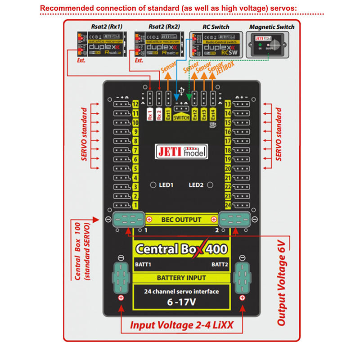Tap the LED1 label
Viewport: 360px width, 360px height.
point(166,185)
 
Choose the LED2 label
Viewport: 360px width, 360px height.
point(196,185)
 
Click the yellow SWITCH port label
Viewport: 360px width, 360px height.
point(181,117)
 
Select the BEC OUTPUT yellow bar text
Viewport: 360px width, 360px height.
point(181,220)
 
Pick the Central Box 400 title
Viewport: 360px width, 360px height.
point(181,249)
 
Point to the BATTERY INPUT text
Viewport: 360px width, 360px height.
point(181,278)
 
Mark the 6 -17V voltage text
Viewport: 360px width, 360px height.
point(181,302)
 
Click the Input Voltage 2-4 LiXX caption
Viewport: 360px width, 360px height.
point(181,325)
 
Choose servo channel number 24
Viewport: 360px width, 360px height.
point(228,205)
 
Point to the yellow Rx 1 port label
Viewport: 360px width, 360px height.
point(150,114)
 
